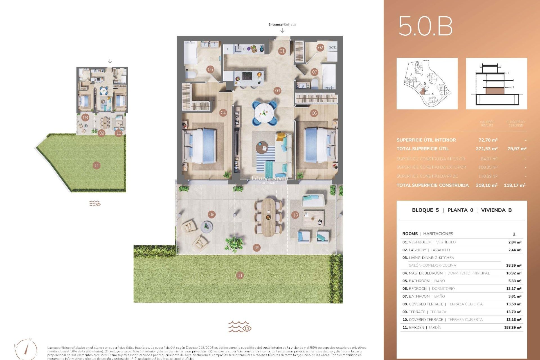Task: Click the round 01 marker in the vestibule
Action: (x=282, y=51)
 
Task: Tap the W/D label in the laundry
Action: (x=332, y=47)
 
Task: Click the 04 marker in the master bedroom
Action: (x=223, y=113)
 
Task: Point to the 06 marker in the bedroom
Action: (x=314, y=113)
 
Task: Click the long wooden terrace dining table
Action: (x=269, y=217)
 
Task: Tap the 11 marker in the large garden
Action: (x=240, y=275)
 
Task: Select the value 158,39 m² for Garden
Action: (x=512, y=327)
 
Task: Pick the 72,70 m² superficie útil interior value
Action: (x=488, y=140)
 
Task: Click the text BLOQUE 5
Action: (x=425, y=210)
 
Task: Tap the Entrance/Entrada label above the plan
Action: (x=282, y=24)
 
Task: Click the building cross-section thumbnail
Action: (x=496, y=84)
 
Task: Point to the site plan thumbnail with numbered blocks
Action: (x=427, y=84)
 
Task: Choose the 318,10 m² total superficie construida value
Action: (x=487, y=185)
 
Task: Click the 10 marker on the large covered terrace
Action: (x=295, y=215)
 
